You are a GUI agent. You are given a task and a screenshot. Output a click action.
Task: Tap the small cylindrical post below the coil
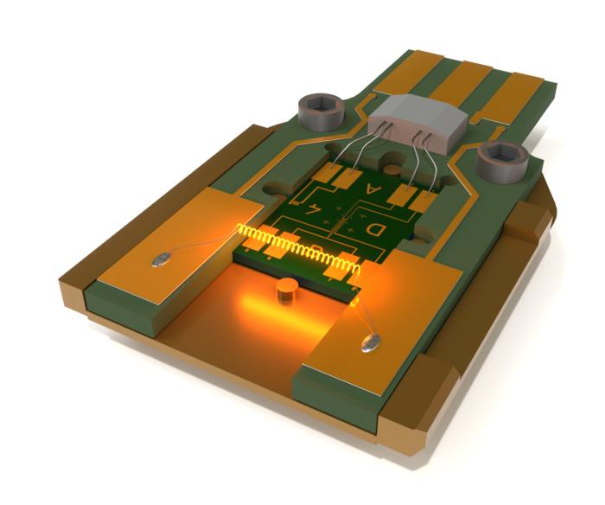[285, 291]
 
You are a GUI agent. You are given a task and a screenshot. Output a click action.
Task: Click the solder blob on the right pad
[369, 343]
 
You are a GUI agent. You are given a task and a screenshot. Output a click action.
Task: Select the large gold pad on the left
[173, 242]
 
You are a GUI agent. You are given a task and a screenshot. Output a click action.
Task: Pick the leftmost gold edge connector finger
[406, 74]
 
